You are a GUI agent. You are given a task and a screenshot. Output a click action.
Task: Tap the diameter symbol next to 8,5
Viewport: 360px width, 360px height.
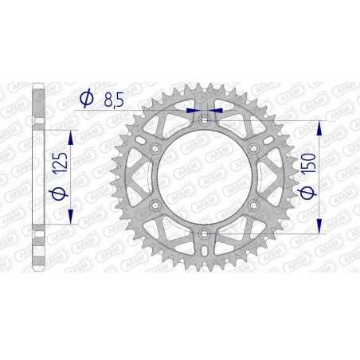[x=87, y=98]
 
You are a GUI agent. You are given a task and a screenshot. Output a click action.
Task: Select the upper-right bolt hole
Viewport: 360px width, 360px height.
[x=253, y=148]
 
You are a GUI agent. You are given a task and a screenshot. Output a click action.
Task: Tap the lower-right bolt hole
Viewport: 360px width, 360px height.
[x=253, y=205]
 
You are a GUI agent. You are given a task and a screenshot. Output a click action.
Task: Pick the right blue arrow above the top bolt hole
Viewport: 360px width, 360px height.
[x=216, y=112]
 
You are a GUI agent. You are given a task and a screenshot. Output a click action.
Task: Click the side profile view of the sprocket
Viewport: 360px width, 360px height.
[x=37, y=177]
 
